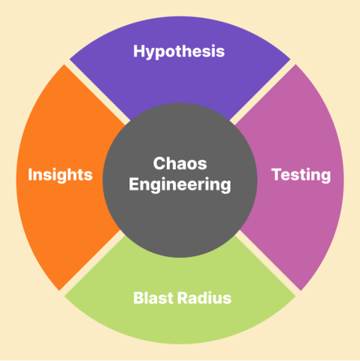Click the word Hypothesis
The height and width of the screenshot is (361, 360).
pyautogui.click(x=179, y=51)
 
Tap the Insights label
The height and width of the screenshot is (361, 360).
pyautogui.click(x=60, y=174)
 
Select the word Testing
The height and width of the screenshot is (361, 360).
pyautogui.click(x=301, y=174)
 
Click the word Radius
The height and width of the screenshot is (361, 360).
pyautogui.click(x=205, y=298)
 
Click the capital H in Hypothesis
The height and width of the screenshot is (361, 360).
pyautogui.click(x=139, y=51)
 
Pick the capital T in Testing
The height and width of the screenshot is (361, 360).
pyautogui.click(x=275, y=174)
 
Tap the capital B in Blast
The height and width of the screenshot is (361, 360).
pyautogui.click(x=138, y=298)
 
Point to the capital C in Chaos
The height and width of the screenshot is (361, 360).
pyautogui.click(x=159, y=163)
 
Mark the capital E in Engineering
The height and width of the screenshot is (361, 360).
pyautogui.click(x=133, y=184)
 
